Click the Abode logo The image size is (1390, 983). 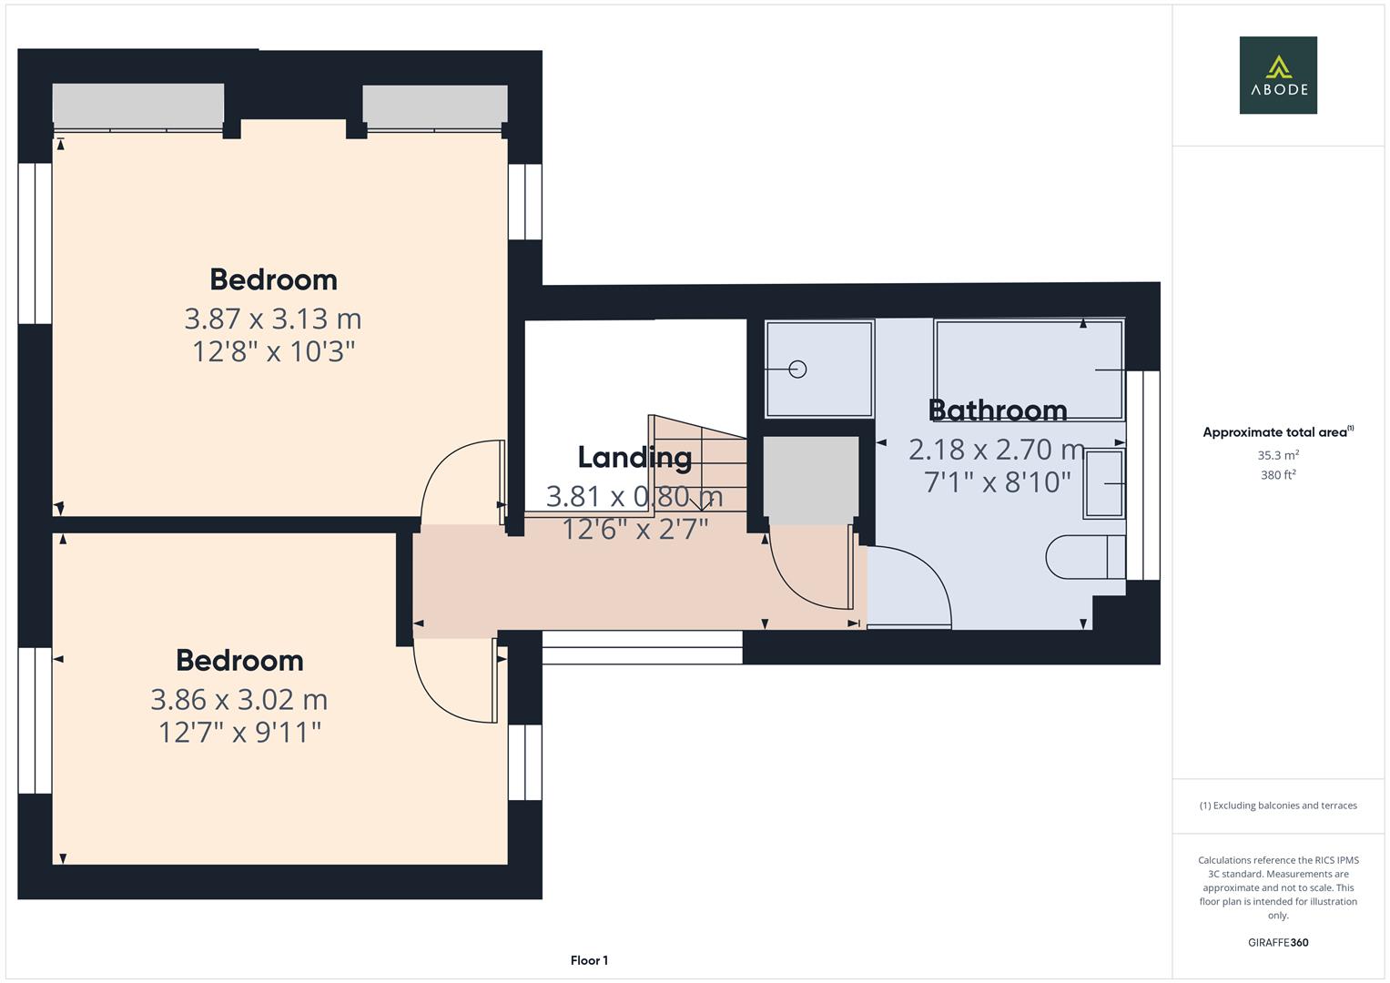click(x=1277, y=76)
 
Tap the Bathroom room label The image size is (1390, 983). click(x=998, y=410)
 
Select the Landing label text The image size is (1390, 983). click(x=634, y=457)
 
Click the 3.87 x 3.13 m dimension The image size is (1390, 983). click(x=273, y=319)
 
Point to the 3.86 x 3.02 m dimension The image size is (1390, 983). click(x=238, y=699)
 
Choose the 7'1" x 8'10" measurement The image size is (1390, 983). click(x=998, y=481)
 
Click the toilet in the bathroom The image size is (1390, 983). click(x=1083, y=556)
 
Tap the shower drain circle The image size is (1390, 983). click(x=797, y=369)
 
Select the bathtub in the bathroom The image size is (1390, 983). click(x=1029, y=369)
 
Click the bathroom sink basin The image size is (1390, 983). click(x=1104, y=484)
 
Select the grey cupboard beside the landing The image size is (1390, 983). click(x=810, y=480)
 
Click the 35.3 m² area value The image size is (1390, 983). click(x=1278, y=455)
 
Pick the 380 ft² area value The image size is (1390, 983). click(x=1278, y=475)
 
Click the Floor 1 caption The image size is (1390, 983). click(x=589, y=960)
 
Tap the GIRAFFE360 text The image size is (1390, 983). click(x=1278, y=942)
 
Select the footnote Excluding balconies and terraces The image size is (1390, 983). click(x=1278, y=806)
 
